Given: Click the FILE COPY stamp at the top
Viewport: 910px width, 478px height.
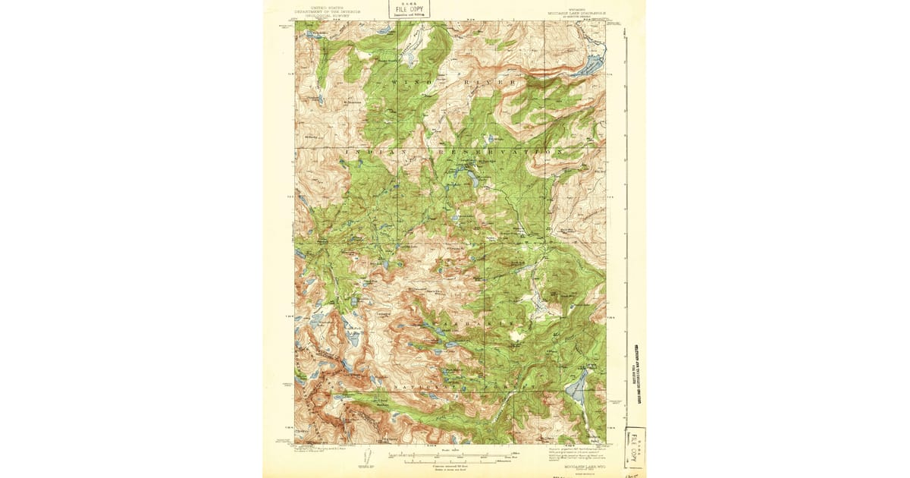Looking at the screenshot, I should click(409, 9).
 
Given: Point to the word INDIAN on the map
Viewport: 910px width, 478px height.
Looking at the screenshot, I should click(371, 153).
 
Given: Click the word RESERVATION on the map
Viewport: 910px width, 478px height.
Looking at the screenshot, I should click(493, 152).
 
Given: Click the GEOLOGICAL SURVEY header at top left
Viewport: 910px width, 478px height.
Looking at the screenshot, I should click(328, 14).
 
